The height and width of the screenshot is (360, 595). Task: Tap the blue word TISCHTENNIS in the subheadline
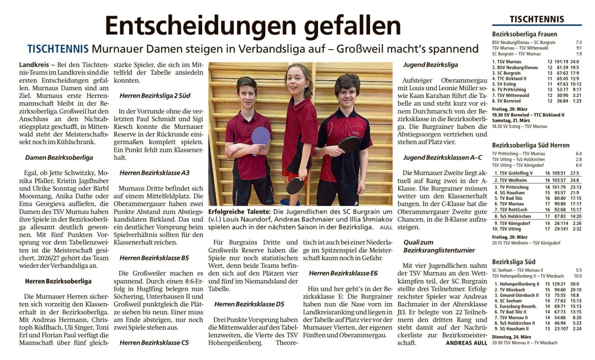58,49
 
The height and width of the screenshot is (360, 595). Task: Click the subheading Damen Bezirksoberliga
59,158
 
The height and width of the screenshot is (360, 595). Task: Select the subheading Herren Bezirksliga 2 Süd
155,95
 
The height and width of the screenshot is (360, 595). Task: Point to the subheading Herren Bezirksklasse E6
343,273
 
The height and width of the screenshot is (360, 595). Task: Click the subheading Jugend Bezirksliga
430,65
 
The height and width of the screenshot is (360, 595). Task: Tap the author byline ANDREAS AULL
467,343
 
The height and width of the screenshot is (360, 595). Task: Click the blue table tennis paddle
260,135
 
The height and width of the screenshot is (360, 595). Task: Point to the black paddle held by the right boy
349,144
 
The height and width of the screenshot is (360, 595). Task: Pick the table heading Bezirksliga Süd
514,262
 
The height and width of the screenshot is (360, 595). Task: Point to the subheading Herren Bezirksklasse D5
249,304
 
